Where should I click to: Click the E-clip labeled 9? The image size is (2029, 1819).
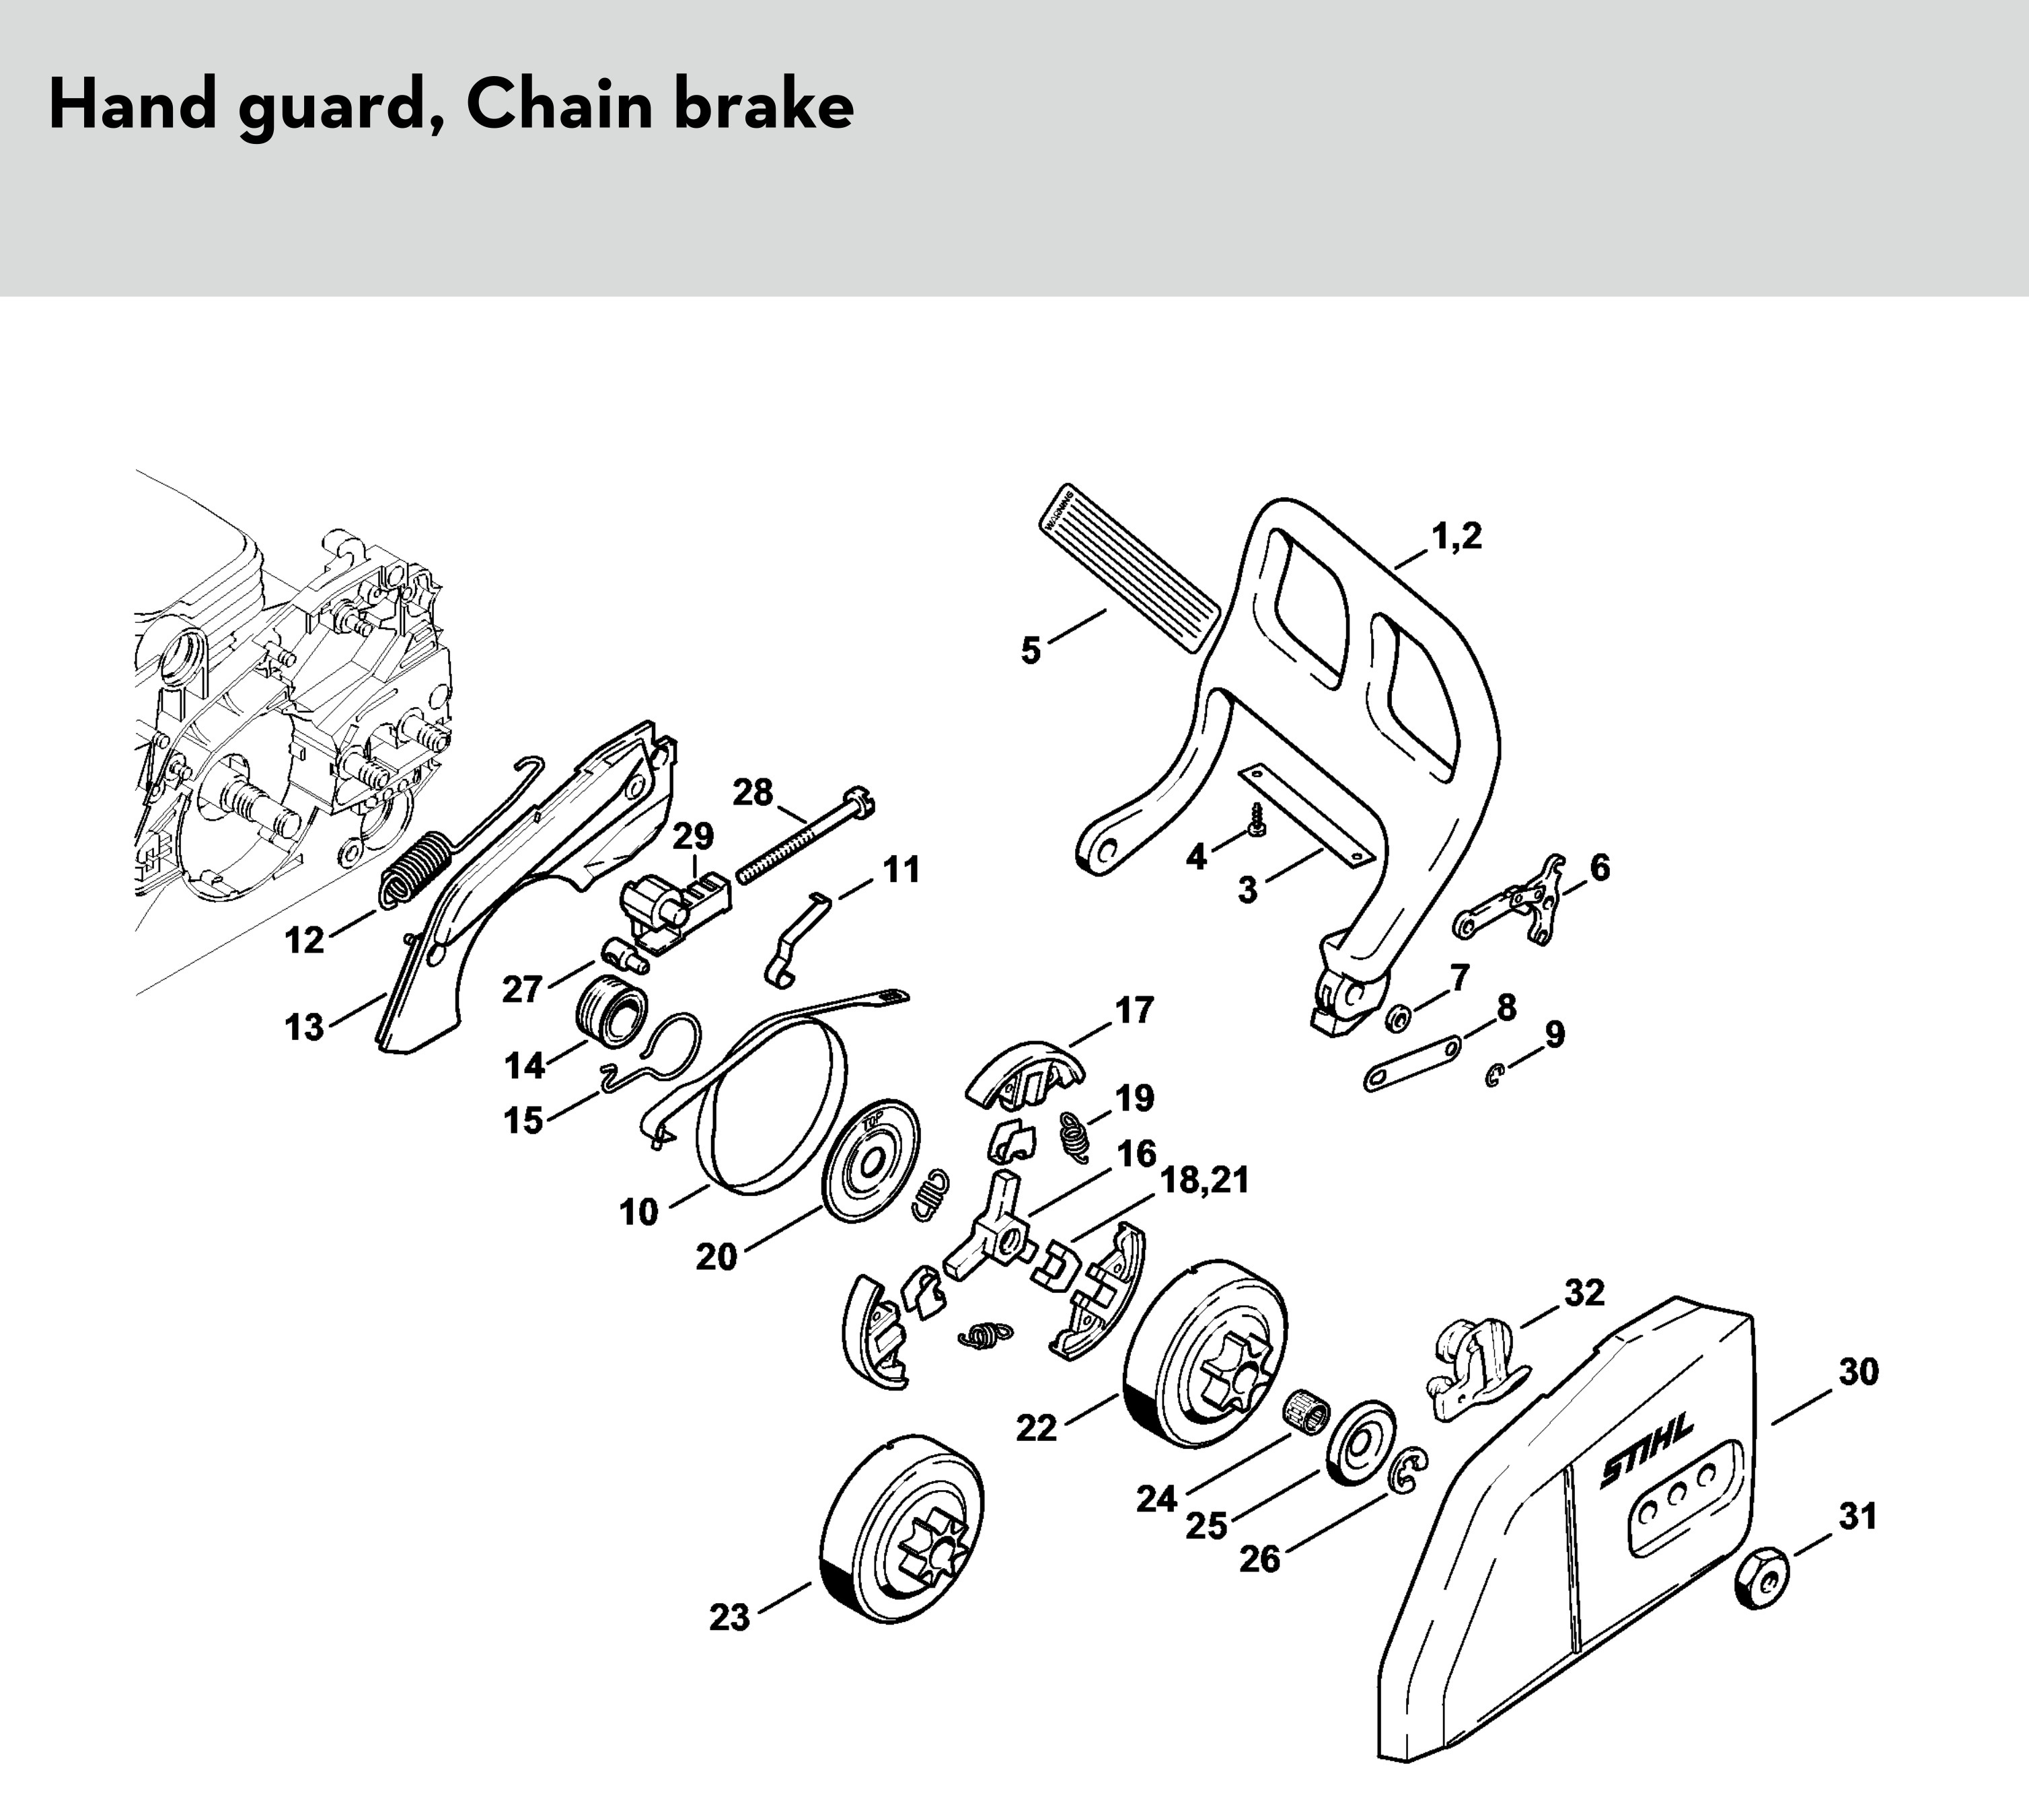[1493, 1076]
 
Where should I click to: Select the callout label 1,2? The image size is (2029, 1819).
[1456, 537]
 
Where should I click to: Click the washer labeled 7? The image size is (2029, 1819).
[1397, 1018]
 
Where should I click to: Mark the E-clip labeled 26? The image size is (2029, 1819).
[1408, 1470]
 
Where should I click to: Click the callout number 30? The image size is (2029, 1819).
[1858, 1372]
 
